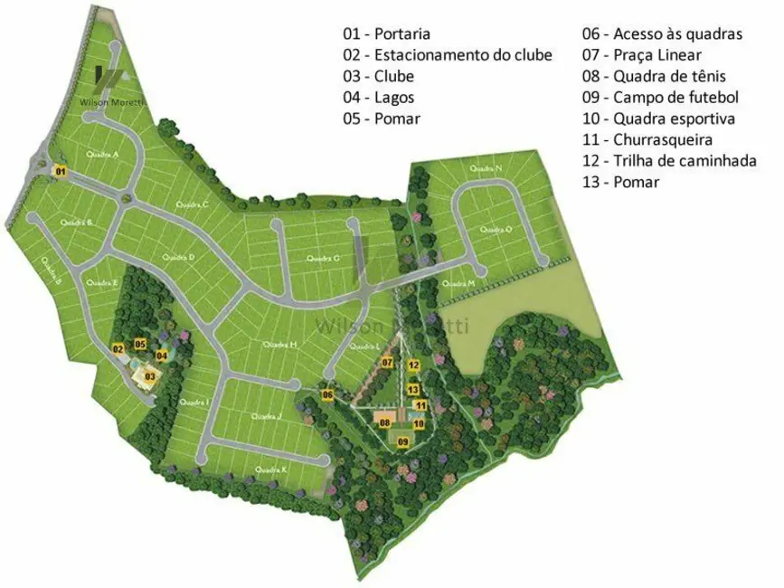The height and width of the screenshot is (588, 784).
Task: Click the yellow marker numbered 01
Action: point(61,170)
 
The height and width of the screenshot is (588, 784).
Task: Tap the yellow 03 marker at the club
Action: point(150,375)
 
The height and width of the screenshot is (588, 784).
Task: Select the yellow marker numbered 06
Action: point(327,394)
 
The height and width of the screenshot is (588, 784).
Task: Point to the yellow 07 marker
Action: point(386,363)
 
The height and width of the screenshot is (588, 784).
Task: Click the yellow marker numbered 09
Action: point(403,441)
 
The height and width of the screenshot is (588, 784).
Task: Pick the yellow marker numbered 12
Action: point(412,365)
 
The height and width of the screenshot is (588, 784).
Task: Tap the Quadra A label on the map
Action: point(102,155)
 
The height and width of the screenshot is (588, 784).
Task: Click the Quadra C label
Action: point(193,204)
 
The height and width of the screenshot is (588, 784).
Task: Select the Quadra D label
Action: point(178,257)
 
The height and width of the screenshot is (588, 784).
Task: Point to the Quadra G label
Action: point(323,259)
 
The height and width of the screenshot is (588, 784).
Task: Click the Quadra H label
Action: point(280,345)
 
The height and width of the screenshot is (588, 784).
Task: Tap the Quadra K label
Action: point(271,469)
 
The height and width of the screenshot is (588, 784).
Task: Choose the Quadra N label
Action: point(486,169)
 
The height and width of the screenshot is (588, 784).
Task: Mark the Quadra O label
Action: point(496,230)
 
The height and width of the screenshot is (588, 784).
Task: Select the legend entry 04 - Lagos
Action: point(378,97)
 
